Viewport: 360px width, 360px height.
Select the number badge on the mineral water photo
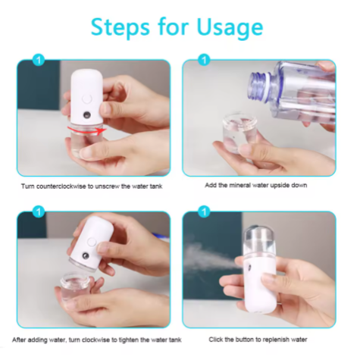coord(204,59)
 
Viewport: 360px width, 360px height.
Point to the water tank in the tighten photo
coord(79,287)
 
